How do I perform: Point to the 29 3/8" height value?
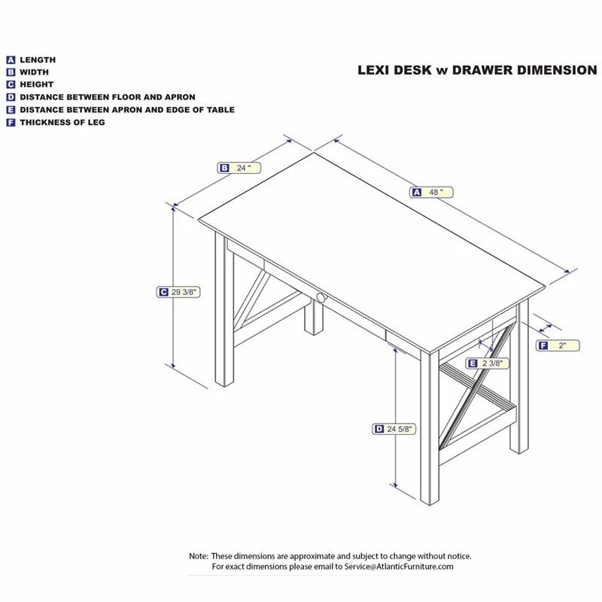[185, 292]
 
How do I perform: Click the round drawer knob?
[321, 299]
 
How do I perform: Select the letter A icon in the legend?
[11, 59]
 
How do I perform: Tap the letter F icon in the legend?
[11, 122]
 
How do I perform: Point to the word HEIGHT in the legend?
[37, 84]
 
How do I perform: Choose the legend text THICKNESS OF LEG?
[62, 122]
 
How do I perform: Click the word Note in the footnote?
[198, 556]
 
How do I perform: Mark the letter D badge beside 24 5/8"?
[379, 429]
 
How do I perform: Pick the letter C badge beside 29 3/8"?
[163, 292]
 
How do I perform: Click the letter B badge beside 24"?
[224, 169]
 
